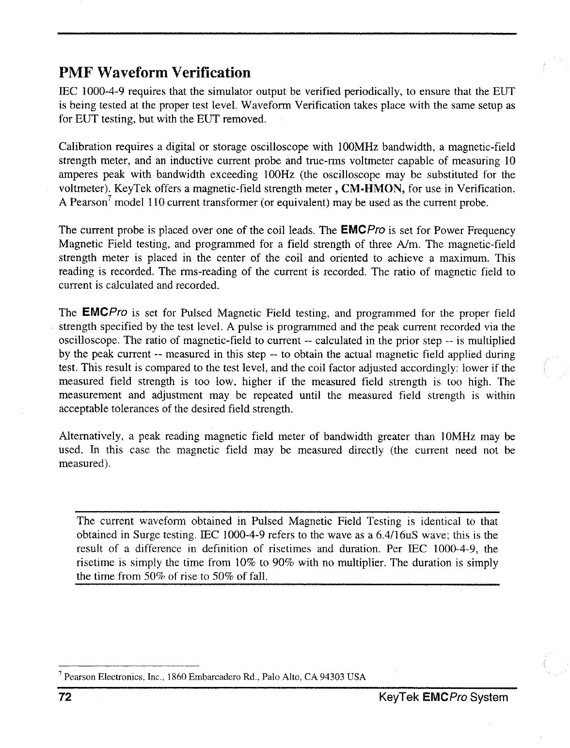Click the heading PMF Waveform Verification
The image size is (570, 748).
(x=155, y=73)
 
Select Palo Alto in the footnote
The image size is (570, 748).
(x=291, y=677)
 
